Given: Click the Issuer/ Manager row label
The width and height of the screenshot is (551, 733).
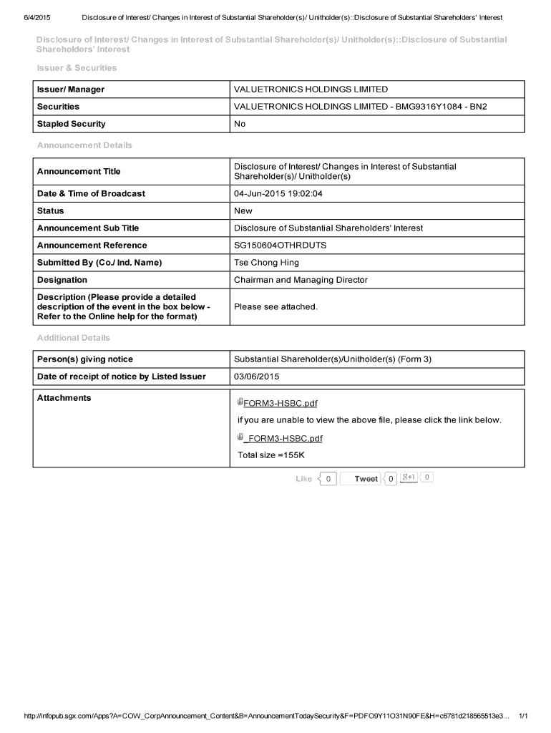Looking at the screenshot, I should [x=71, y=89].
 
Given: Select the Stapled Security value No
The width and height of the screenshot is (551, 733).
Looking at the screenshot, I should [x=240, y=124].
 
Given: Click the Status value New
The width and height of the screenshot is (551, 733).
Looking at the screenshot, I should [x=243, y=211].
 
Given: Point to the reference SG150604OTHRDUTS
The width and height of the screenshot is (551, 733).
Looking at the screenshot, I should [x=280, y=246].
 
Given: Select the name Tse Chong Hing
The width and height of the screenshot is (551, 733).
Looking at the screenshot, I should [x=266, y=263].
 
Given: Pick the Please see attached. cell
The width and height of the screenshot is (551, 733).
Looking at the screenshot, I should [x=275, y=307].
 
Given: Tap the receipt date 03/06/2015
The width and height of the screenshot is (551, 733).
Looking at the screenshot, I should [x=256, y=377].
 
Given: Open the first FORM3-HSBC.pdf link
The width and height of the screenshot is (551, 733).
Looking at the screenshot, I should [x=280, y=403].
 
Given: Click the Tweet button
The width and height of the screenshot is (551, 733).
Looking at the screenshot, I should [x=366, y=479].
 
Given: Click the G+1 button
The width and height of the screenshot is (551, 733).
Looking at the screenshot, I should [x=409, y=478].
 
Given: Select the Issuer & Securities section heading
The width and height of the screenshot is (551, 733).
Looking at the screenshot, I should [x=77, y=68].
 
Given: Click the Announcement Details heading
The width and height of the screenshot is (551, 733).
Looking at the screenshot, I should [x=84, y=145].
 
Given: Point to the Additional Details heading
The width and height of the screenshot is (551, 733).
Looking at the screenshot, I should [x=73, y=338].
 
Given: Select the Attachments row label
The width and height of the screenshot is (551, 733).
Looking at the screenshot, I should [x=64, y=398].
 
